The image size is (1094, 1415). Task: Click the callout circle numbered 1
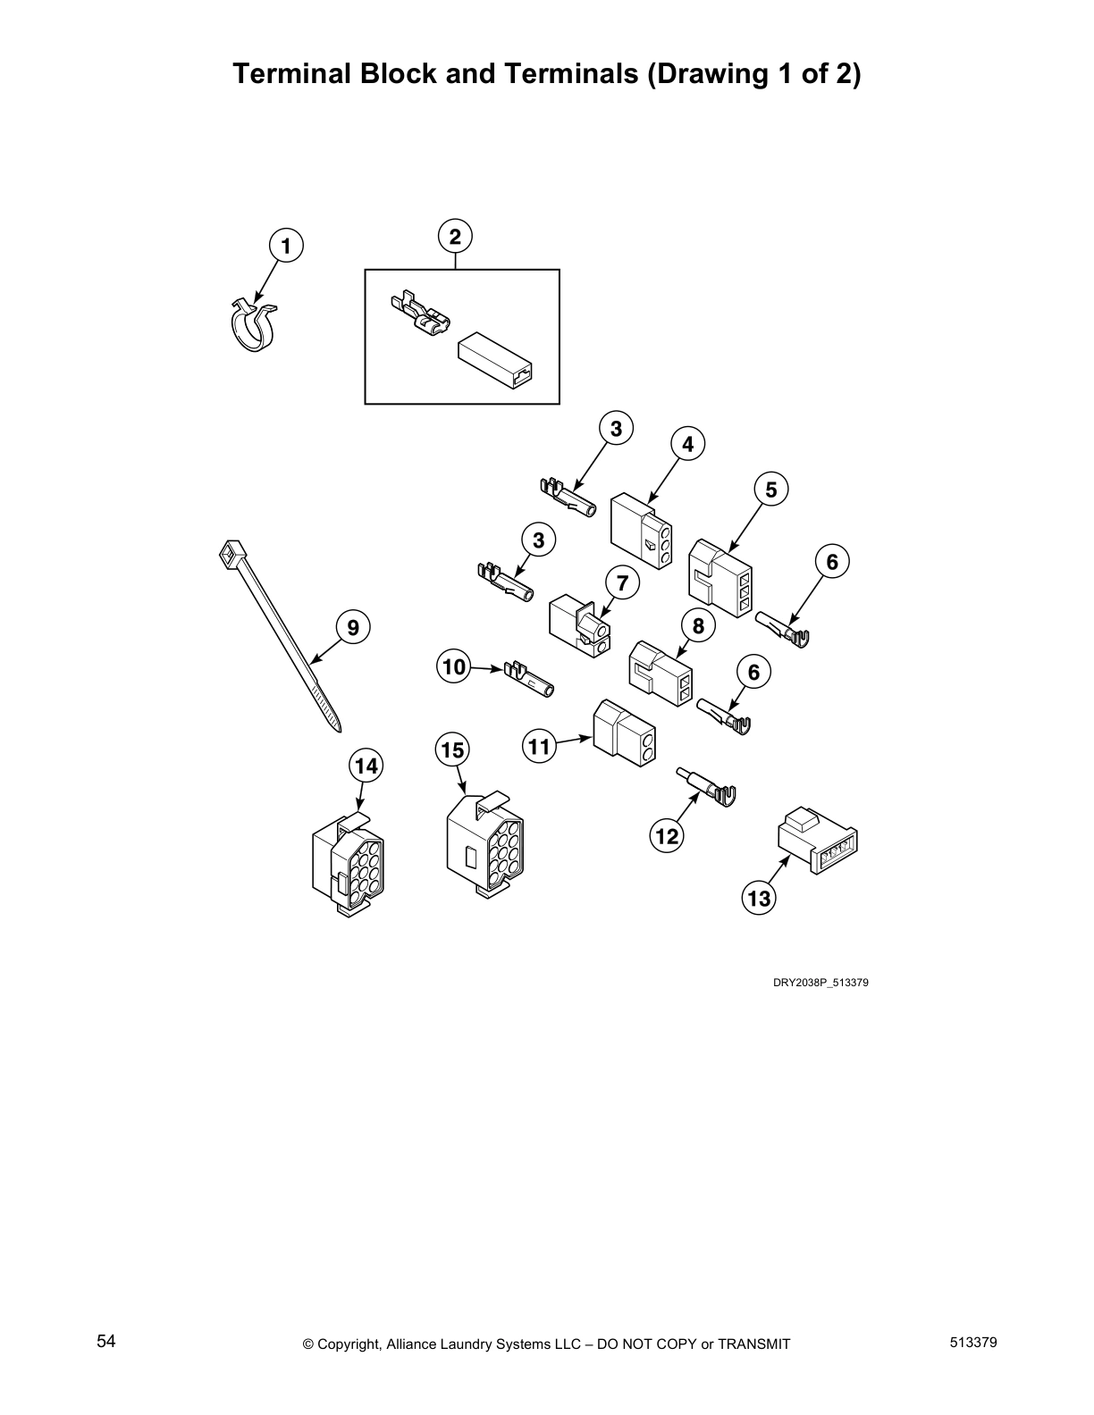(x=286, y=246)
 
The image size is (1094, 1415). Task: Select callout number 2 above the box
(x=455, y=237)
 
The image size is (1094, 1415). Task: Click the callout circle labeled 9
(x=353, y=628)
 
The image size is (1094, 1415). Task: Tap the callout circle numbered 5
(x=770, y=490)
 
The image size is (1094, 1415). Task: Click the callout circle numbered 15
(x=453, y=750)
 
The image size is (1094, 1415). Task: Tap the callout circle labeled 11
(x=539, y=745)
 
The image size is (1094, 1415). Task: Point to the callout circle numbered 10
(x=455, y=666)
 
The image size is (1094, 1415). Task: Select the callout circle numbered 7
(x=623, y=584)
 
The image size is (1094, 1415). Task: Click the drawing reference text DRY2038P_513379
(x=820, y=983)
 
